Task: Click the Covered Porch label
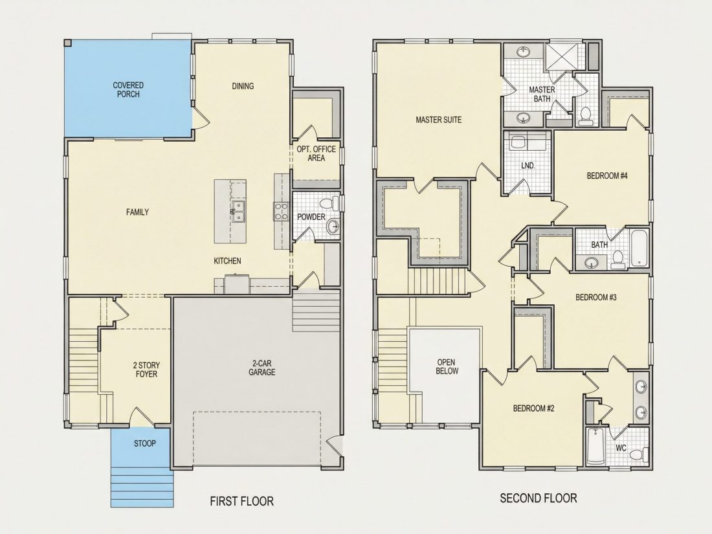pyautogui.click(x=128, y=89)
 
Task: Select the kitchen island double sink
pyautogui.click(x=238, y=212)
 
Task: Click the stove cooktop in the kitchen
pyautogui.click(x=281, y=212)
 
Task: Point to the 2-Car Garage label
pyautogui.click(x=262, y=368)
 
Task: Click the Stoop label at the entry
pyautogui.click(x=144, y=443)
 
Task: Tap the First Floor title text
pyautogui.click(x=241, y=501)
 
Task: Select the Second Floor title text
pyautogui.click(x=538, y=498)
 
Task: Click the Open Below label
pyautogui.click(x=447, y=366)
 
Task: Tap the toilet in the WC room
pyautogui.click(x=640, y=454)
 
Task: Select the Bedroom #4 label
pyautogui.click(x=607, y=175)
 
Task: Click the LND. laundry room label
pyautogui.click(x=528, y=166)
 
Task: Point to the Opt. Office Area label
pyautogui.click(x=316, y=153)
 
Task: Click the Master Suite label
pyautogui.click(x=439, y=120)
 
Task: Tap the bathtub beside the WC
pyautogui.click(x=594, y=447)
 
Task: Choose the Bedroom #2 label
pyautogui.click(x=533, y=408)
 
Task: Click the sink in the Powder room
pyautogui.click(x=333, y=226)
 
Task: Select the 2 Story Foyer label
pyautogui.click(x=146, y=370)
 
